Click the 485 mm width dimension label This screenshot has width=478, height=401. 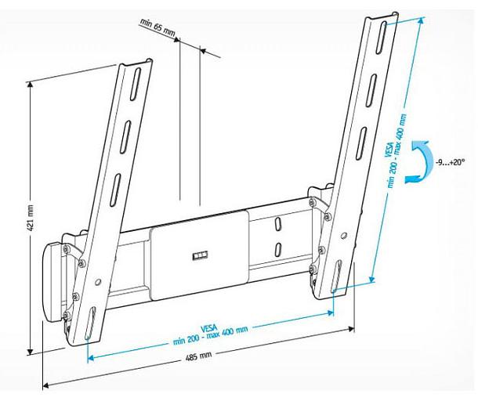tap(201, 356)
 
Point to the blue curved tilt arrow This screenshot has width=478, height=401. tap(420, 161)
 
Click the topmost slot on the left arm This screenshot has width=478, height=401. tap(136, 81)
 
